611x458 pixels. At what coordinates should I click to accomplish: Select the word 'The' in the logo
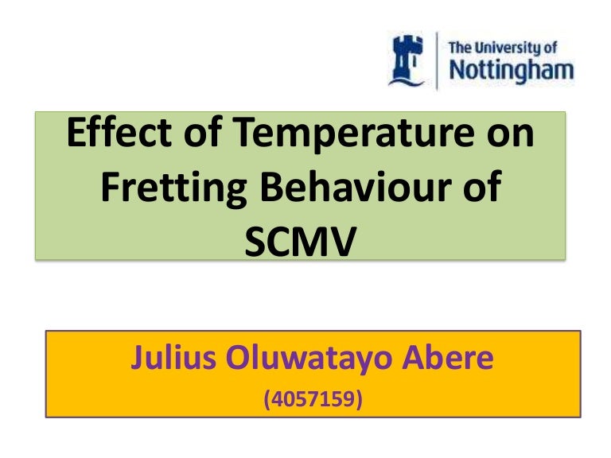[x=461, y=47]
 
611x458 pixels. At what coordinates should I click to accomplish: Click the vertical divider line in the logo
[x=436, y=60]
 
